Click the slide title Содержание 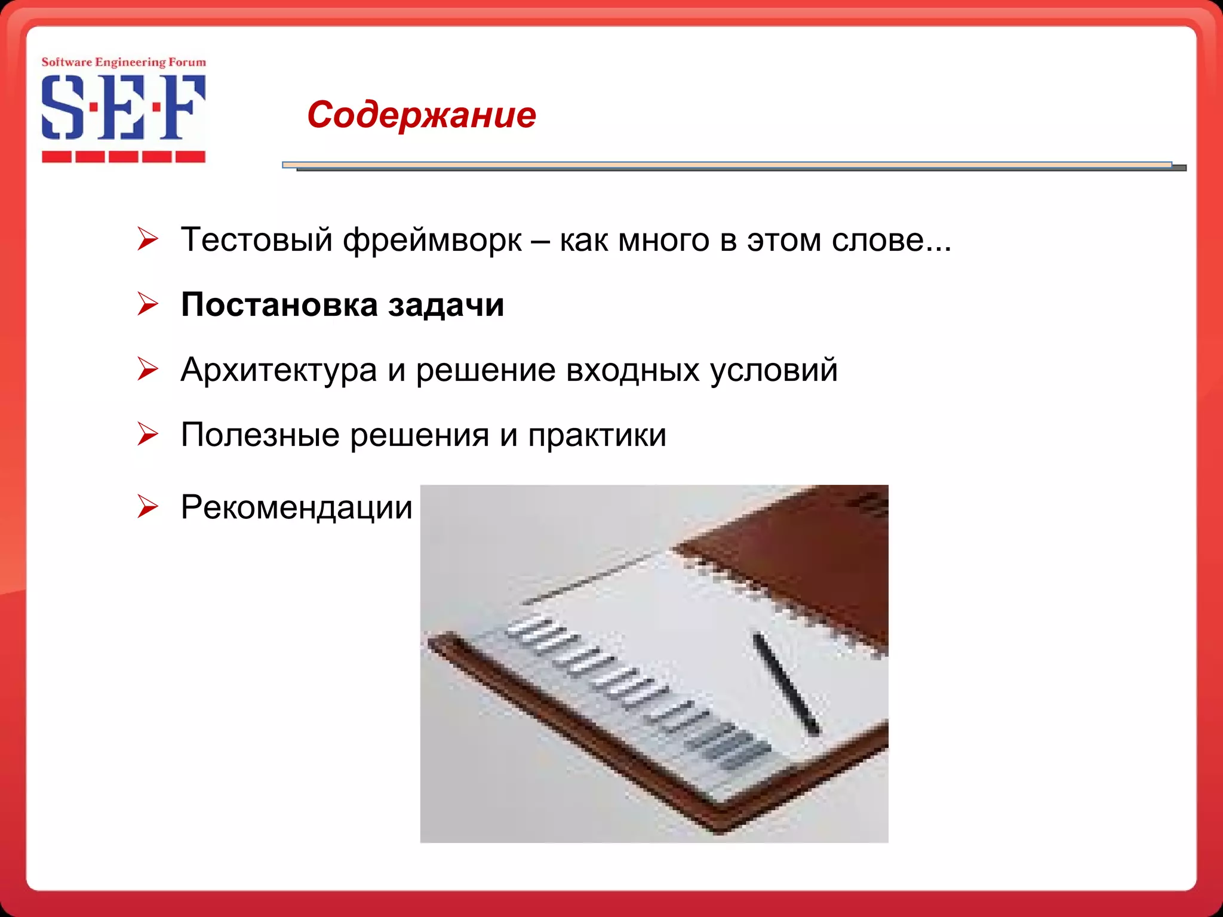pyautogui.click(x=421, y=115)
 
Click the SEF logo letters pyautogui.click(x=123, y=107)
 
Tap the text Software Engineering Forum pyautogui.click(x=123, y=62)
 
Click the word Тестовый pyautogui.click(x=256, y=240)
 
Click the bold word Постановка pyautogui.click(x=279, y=305)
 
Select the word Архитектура pyautogui.click(x=278, y=370)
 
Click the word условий pyautogui.click(x=773, y=370)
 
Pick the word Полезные pyautogui.click(x=260, y=435)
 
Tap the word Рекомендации pyautogui.click(x=296, y=508)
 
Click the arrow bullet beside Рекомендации pyautogui.click(x=148, y=506)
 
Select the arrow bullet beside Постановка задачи pyautogui.click(x=148, y=304)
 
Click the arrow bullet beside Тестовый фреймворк pyautogui.click(x=148, y=239)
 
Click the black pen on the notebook pyautogui.click(x=785, y=684)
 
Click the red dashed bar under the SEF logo pyautogui.click(x=123, y=157)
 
